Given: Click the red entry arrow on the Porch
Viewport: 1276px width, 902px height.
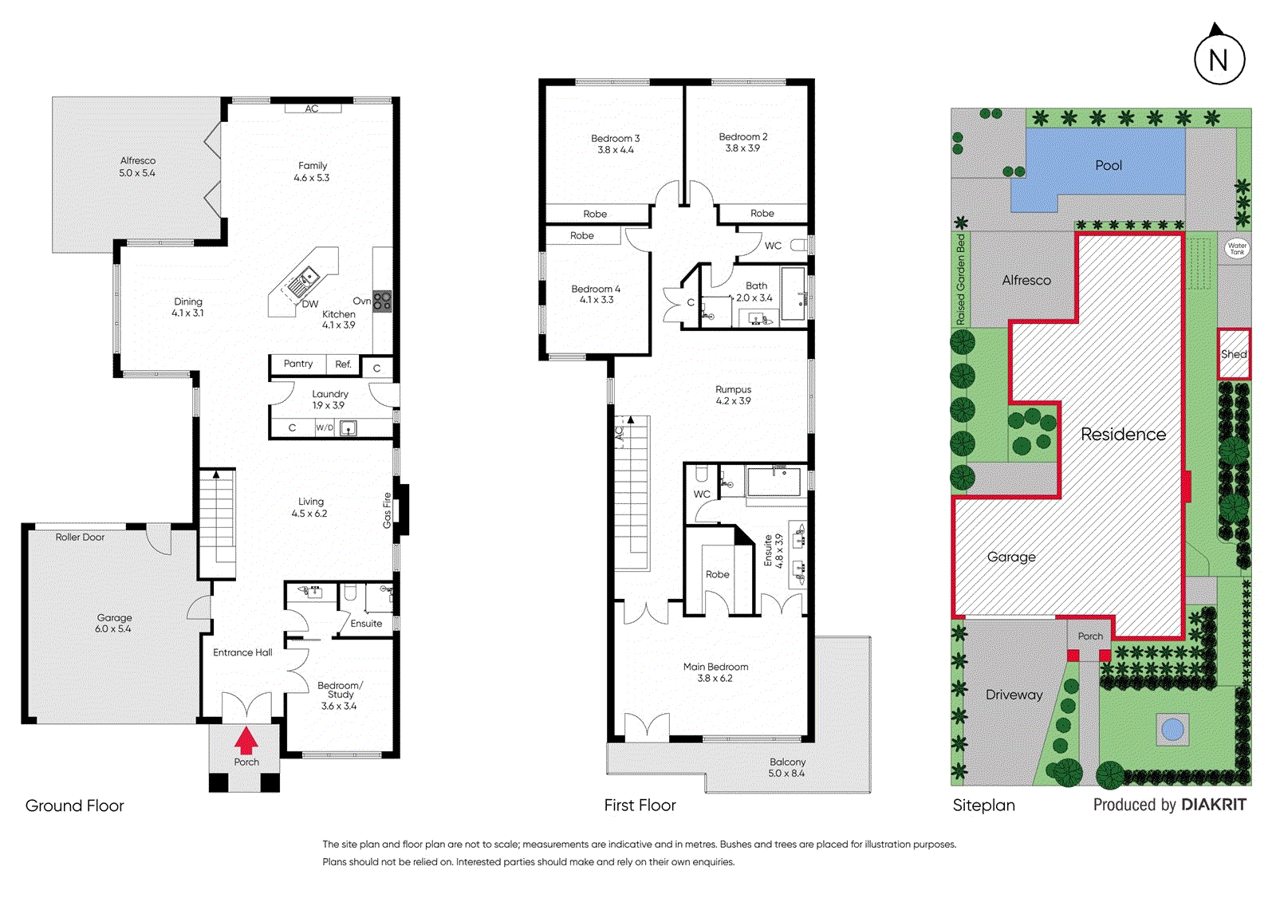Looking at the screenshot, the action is coord(246,740).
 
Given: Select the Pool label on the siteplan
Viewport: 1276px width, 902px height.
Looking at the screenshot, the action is coord(1108,165).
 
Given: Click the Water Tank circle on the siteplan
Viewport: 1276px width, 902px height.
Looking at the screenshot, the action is coord(1237,249).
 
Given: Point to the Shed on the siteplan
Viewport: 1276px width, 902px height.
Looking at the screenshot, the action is coord(1234,354).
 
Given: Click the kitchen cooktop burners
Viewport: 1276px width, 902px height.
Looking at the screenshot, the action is coord(382,301).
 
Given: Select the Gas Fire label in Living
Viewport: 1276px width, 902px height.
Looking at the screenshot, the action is coord(387,510).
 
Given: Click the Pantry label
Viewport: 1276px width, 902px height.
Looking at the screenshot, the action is coord(298,364).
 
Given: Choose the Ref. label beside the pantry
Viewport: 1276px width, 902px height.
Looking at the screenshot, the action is coord(343,364).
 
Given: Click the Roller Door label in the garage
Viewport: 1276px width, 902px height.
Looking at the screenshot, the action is coord(80,537).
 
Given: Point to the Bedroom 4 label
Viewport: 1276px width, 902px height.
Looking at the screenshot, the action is coord(596,289).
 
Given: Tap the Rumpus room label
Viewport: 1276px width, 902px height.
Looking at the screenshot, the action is coord(733,389).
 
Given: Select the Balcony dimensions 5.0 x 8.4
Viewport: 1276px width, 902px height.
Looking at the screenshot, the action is coord(786,774).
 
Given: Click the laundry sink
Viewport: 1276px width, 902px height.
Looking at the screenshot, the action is coord(348,428).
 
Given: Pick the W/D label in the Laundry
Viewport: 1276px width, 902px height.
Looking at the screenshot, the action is coord(324,427).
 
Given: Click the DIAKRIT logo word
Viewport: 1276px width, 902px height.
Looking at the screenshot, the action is coord(1214,805).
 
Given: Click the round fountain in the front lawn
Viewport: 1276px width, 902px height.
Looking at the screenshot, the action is coord(1172,730).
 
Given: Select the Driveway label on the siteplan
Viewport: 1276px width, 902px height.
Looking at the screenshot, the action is coord(1014,695).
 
